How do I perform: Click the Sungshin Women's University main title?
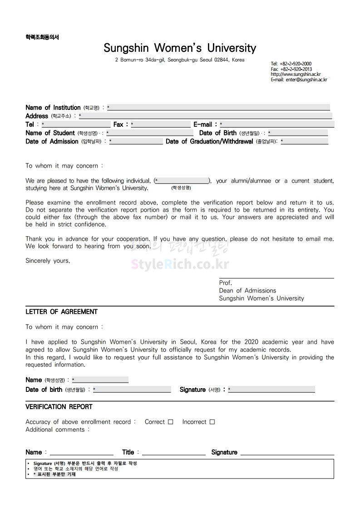(180, 48)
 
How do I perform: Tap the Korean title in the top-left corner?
(42, 37)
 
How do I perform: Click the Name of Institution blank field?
(218, 108)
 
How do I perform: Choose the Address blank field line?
(205, 116)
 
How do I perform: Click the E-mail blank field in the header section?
(277, 124)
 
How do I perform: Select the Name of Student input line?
(150, 133)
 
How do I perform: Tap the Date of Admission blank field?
(136, 142)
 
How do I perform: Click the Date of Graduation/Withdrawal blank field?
(305, 142)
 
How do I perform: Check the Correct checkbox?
(171, 422)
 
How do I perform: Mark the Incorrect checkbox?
(212, 422)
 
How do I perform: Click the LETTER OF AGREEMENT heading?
(61, 312)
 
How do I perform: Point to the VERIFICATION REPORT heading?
(59, 407)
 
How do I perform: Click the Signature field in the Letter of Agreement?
(271, 390)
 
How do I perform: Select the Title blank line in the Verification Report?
(174, 453)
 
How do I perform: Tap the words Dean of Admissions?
(247, 291)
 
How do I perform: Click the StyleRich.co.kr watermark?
(180, 264)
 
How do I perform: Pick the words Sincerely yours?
(48, 261)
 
